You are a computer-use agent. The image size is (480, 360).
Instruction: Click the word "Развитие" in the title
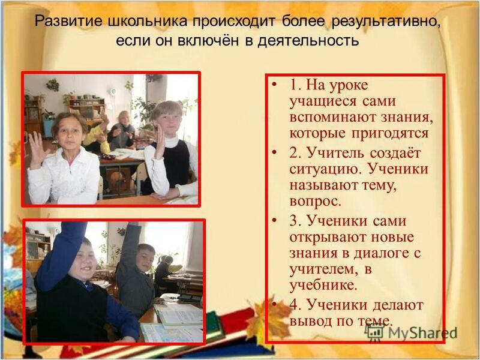click(67, 23)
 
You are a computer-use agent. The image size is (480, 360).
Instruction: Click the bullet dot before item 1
click(274, 85)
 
